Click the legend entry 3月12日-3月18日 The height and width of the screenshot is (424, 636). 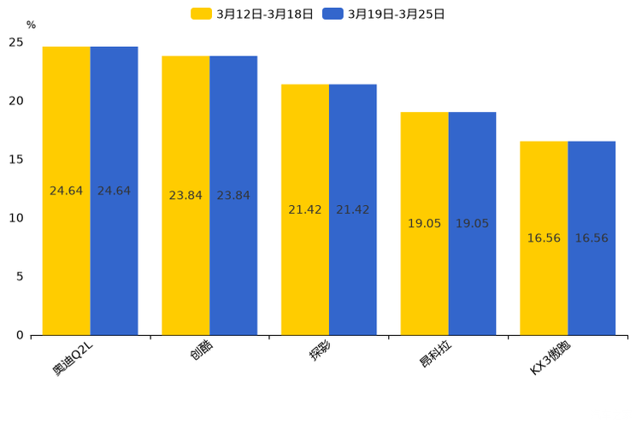tap(252, 14)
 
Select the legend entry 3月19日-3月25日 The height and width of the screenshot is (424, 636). tap(384, 14)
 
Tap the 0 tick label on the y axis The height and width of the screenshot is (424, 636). tap(20, 335)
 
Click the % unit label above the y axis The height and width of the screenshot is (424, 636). tap(31, 25)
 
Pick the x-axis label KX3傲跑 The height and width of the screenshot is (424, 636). tap(552, 358)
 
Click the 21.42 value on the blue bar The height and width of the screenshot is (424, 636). tap(353, 209)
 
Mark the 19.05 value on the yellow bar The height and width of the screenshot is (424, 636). tap(424, 224)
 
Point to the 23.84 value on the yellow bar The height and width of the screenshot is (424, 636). tap(185, 196)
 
